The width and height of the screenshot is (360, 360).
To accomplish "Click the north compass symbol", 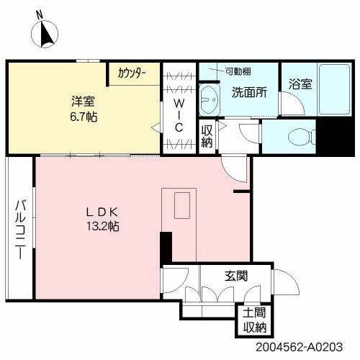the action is tap(45, 34).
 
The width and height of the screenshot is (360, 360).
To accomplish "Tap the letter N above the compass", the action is tap(40, 15).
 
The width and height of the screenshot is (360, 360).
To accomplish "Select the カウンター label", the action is tap(132, 73).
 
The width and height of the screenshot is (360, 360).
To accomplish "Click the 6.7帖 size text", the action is tap(84, 117).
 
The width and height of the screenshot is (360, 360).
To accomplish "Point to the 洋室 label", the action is tap(83, 102).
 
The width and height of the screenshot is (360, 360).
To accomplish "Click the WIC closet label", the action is tap(179, 115).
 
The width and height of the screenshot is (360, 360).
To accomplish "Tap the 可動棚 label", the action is tap(238, 71).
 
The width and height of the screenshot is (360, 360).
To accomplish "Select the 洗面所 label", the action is tap(249, 92).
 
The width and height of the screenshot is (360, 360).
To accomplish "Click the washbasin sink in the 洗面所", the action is tap(210, 99).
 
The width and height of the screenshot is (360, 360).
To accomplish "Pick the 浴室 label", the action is tap(300, 84).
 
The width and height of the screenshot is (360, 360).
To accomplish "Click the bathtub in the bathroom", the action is tap(334, 89).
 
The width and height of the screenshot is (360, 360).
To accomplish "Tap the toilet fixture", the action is tap(302, 137).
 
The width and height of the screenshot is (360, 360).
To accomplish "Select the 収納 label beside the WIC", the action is tap(207, 136).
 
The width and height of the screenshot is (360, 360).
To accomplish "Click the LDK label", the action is tap(102, 212).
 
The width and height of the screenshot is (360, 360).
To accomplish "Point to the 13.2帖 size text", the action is tap(103, 226).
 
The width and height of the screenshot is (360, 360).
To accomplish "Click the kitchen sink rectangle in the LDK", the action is tap(182, 205).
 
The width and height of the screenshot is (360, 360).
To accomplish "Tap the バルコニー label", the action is tap(21, 230).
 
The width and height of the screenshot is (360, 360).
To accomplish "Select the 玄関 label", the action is tap(236, 276).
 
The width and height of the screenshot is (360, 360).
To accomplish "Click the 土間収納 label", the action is tap(255, 320).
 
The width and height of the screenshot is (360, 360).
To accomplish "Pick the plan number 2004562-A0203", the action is tap(299, 347).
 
